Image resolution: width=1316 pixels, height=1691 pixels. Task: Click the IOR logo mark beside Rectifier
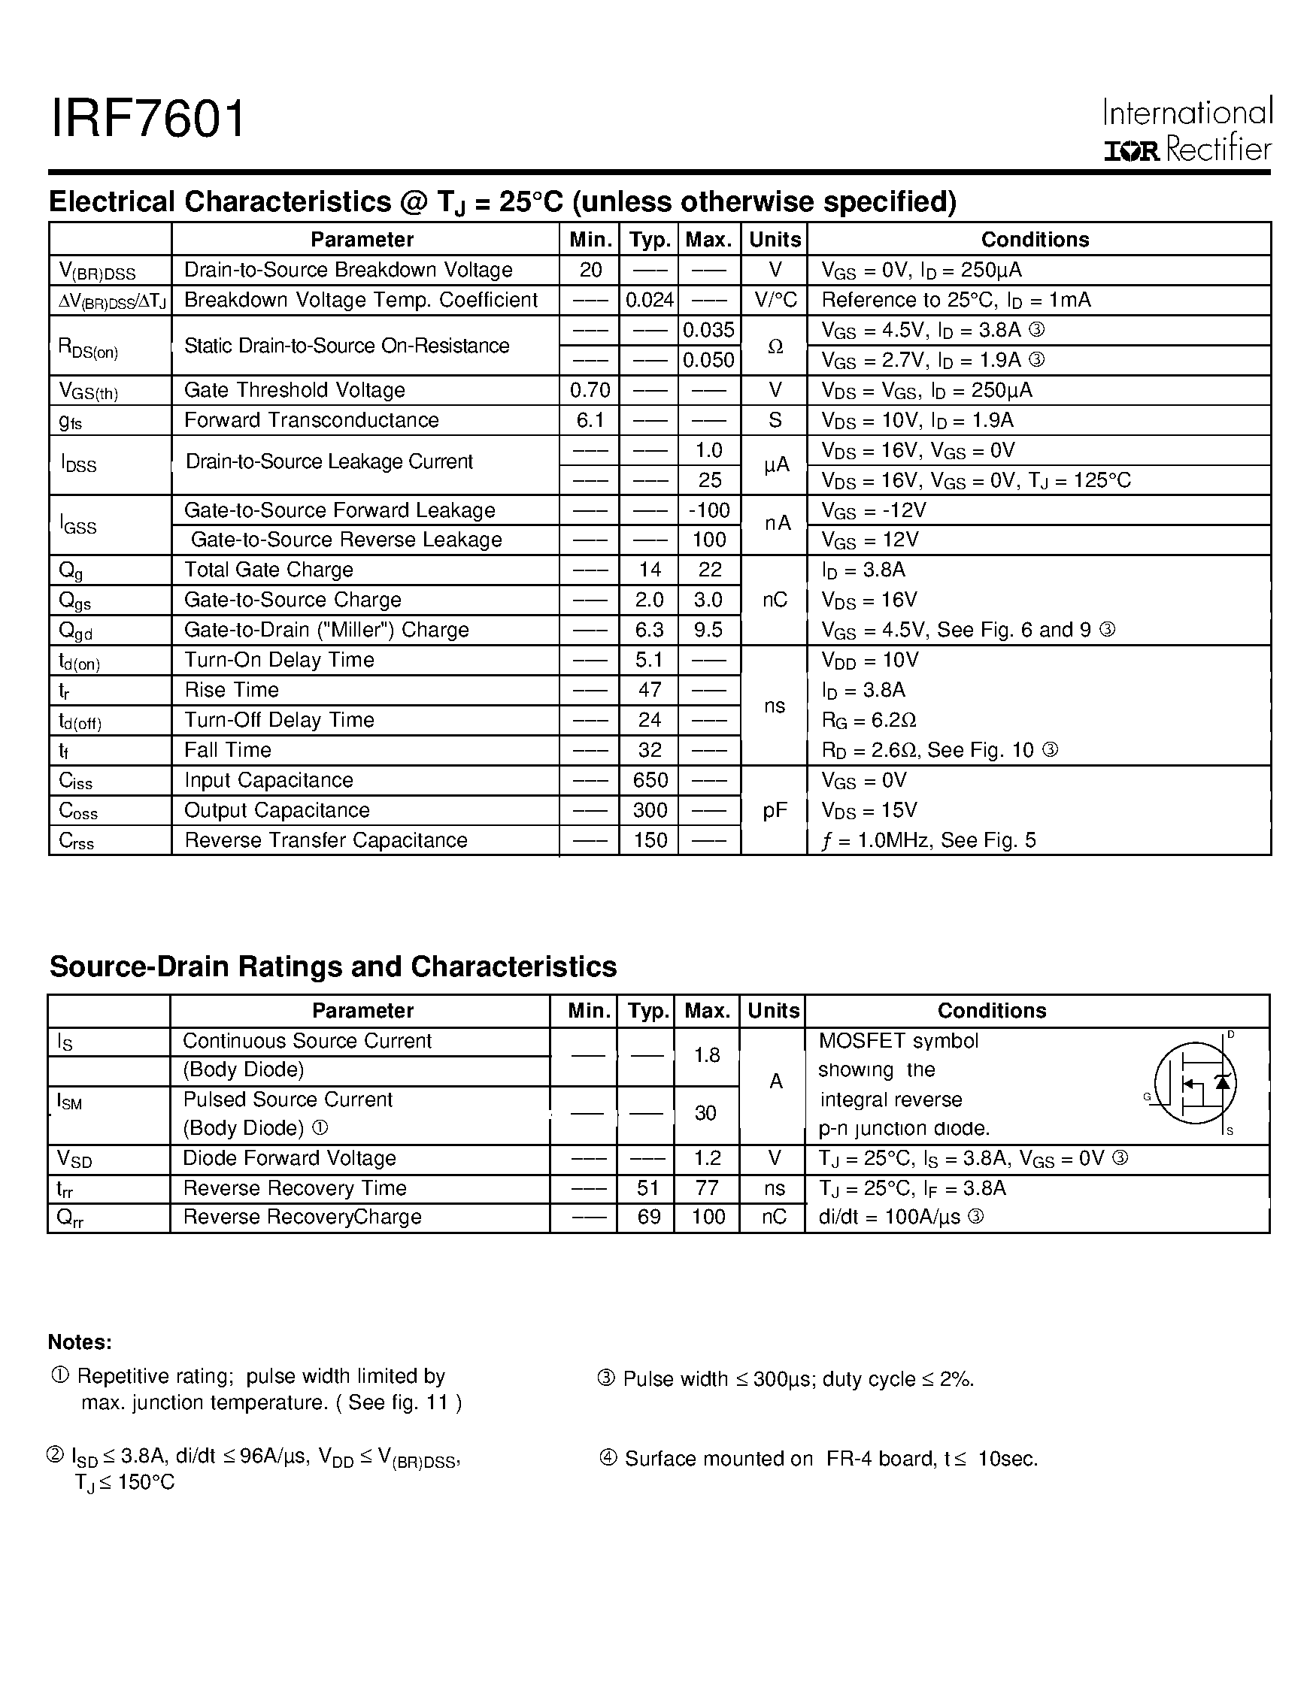(x=1131, y=150)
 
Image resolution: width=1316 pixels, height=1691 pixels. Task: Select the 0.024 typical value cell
(x=649, y=300)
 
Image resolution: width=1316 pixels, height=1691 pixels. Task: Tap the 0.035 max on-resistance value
(x=708, y=330)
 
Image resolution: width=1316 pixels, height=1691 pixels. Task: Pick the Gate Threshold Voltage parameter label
(x=294, y=390)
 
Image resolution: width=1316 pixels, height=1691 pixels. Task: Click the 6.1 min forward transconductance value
(x=590, y=420)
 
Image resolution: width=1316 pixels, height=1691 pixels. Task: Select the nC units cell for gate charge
(x=775, y=600)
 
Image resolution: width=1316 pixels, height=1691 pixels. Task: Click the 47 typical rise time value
(x=649, y=690)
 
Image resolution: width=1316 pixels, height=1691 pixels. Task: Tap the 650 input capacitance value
(x=649, y=779)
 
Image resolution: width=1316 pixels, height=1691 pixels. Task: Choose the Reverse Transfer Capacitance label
(x=326, y=840)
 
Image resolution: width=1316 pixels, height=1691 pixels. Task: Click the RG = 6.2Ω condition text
(x=869, y=720)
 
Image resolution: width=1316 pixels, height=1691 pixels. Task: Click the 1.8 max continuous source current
(x=706, y=1055)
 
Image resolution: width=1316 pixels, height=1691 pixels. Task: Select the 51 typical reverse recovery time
(x=647, y=1187)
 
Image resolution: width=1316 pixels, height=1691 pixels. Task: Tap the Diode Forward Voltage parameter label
(x=289, y=1158)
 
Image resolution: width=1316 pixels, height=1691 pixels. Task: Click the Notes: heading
(x=80, y=1342)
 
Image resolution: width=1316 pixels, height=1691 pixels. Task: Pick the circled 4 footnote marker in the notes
(x=608, y=1458)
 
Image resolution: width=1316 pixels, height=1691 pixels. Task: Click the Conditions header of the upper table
(x=1035, y=239)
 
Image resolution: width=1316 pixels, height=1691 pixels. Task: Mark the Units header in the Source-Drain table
(x=773, y=1010)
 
